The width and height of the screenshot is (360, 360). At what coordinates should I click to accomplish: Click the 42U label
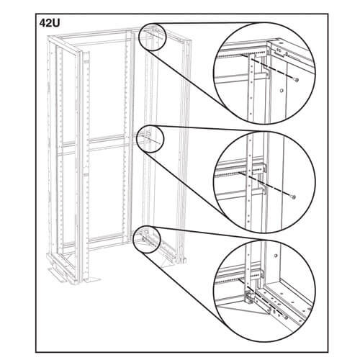(x=50, y=23)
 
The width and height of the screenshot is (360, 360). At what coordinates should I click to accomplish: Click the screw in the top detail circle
(x=297, y=80)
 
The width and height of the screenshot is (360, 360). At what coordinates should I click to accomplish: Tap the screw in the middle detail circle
(x=294, y=197)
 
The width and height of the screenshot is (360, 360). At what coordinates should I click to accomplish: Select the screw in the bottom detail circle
(x=286, y=318)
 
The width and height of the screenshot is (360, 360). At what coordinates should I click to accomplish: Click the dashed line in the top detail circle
(x=268, y=67)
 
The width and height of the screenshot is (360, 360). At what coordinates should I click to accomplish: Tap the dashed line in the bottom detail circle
(x=266, y=302)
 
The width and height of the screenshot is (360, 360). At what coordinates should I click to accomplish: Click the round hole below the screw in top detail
(x=282, y=91)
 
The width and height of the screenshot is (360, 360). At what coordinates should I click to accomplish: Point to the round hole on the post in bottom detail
(x=276, y=255)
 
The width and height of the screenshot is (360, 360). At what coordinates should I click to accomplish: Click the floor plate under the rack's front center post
(x=91, y=279)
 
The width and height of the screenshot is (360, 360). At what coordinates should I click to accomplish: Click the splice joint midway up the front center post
(x=86, y=171)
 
